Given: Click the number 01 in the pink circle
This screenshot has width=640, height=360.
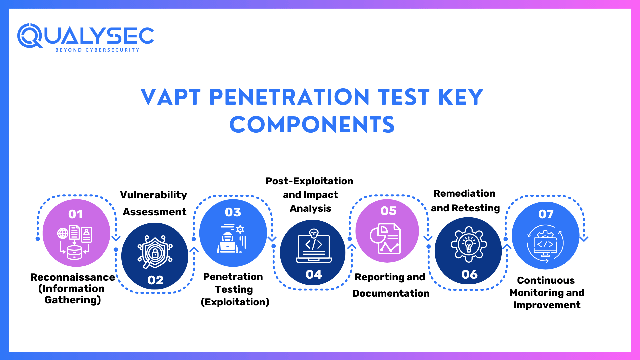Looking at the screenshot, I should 75,214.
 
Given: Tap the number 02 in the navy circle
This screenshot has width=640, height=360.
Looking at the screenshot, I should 155,280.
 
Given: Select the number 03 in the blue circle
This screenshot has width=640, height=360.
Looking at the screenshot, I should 233,212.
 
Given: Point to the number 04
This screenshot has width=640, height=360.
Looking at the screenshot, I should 314,274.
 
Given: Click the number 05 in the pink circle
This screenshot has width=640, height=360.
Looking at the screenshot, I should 388,211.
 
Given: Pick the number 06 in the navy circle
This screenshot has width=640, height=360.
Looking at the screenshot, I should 469,274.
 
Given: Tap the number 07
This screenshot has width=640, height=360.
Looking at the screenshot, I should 546,214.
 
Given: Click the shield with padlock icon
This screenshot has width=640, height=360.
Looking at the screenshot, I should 155,252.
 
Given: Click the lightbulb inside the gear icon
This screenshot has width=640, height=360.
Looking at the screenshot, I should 469,244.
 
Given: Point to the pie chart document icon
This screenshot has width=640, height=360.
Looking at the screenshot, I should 385,239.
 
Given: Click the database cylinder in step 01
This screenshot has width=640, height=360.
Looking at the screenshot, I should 74,252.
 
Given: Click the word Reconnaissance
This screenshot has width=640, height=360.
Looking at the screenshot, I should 72,277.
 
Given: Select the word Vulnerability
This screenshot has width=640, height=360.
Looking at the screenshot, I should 153,195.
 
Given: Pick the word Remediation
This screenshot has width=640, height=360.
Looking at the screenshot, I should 464,193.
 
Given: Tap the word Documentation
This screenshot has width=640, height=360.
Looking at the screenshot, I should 391,293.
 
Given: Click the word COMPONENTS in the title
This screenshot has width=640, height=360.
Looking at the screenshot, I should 312,125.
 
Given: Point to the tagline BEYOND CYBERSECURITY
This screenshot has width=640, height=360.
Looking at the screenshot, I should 97,50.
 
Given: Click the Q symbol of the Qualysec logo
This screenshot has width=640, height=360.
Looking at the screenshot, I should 29,36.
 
